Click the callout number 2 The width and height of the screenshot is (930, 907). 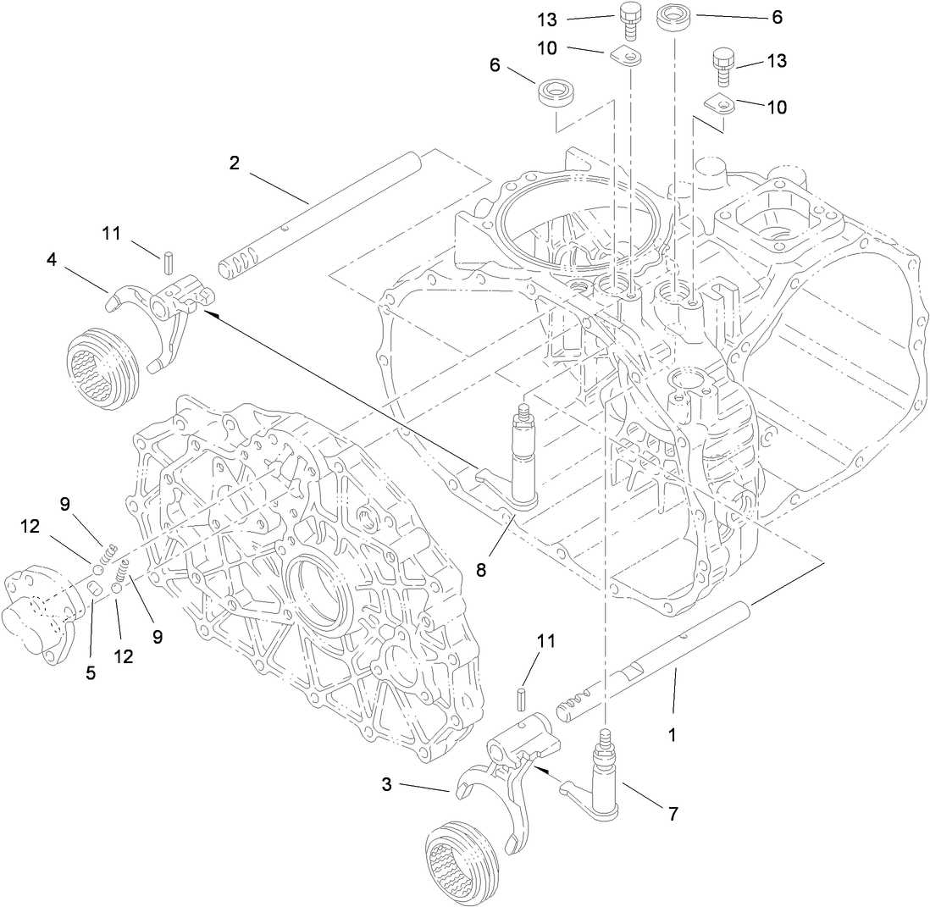234,163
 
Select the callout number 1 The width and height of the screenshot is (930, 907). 672,735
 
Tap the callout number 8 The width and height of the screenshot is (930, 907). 481,570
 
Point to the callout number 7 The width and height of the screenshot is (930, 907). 673,814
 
